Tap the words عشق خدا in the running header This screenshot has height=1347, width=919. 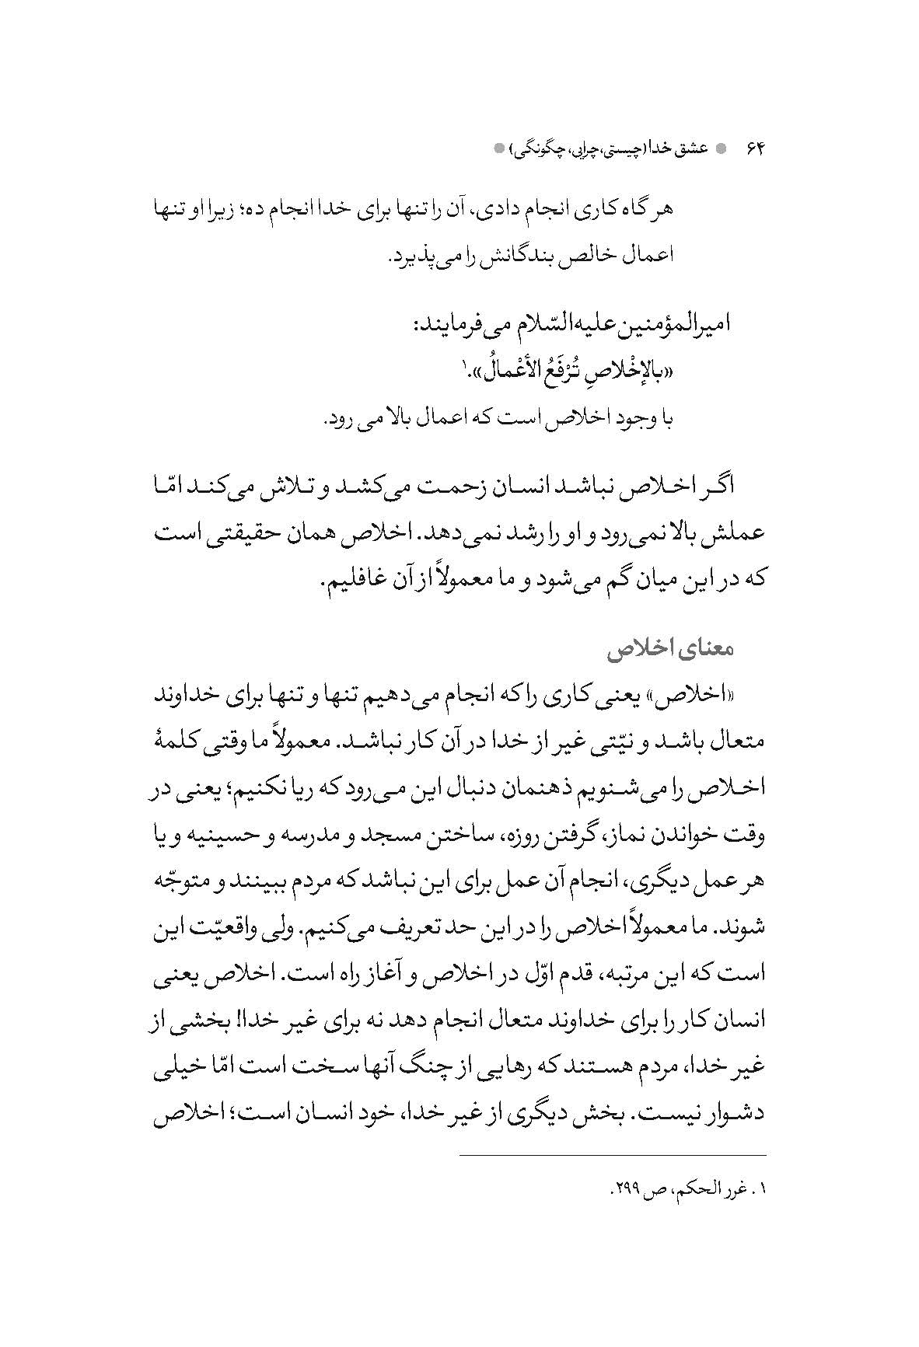coord(682,148)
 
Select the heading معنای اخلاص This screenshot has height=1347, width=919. coord(683,648)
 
